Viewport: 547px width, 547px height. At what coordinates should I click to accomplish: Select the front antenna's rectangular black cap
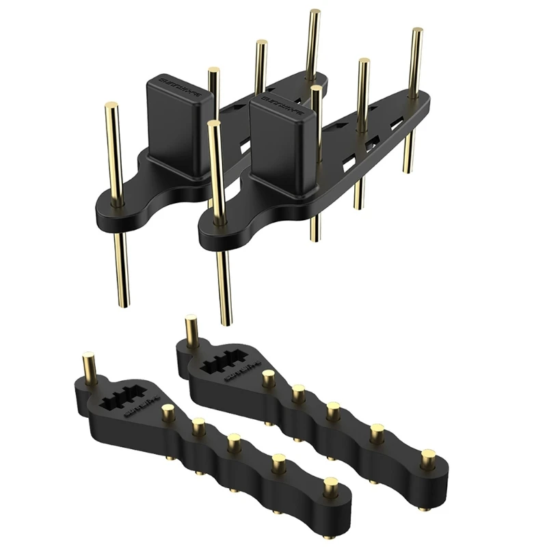click(x=282, y=140)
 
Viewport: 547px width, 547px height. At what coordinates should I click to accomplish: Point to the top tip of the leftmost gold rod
click(x=111, y=106)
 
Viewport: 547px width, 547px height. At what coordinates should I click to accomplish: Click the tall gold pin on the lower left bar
click(x=88, y=366)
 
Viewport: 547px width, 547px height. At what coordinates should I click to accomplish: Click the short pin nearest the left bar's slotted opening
click(x=166, y=410)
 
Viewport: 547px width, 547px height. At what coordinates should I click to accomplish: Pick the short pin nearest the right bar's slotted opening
click(x=269, y=375)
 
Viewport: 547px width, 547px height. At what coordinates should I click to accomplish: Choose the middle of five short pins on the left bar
click(x=235, y=441)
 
